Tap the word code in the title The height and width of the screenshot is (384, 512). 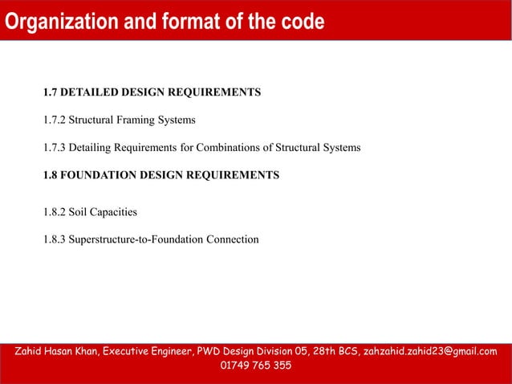click(x=300, y=22)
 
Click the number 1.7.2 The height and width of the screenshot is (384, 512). click(x=54, y=121)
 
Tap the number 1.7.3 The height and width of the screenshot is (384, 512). click(x=54, y=148)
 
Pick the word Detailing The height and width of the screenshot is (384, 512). click(x=93, y=148)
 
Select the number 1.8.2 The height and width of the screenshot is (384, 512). click(x=54, y=212)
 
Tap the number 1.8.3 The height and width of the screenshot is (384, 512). click(x=54, y=239)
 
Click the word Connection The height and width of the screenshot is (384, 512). click(x=233, y=239)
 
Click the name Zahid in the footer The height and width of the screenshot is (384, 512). click(x=31, y=351)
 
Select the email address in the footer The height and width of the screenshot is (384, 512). click(x=430, y=351)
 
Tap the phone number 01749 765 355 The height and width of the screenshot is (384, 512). click(x=255, y=366)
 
